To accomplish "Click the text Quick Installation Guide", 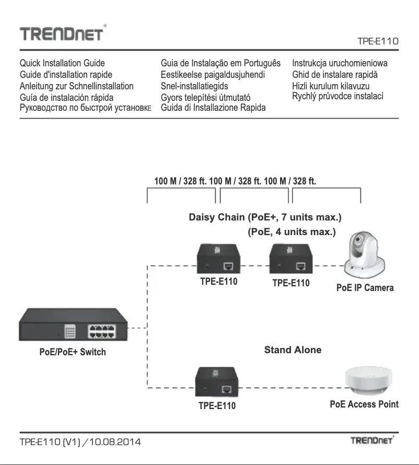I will pos(62,64).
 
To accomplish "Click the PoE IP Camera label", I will pos(365,288).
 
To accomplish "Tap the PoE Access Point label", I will pos(364,404).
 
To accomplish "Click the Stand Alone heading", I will pos(293,350).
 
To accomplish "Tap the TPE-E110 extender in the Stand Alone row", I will pos(217,383).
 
